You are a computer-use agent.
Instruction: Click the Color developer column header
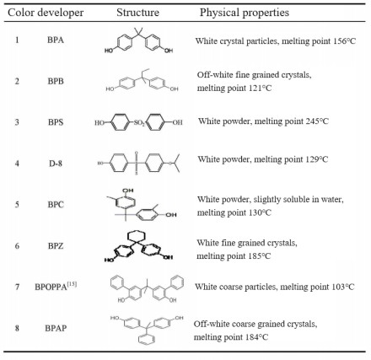click(46, 13)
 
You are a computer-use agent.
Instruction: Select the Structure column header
click(137, 13)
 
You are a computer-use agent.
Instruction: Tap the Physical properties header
click(245, 13)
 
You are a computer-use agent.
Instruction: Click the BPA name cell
click(56, 40)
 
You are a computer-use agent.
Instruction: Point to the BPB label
click(56, 81)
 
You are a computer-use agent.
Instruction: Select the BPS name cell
click(56, 122)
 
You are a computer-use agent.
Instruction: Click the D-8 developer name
click(56, 164)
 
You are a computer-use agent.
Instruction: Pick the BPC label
click(56, 204)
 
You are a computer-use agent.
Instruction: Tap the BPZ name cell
click(56, 246)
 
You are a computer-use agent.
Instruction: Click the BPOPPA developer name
click(51, 287)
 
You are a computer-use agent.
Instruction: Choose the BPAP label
click(56, 328)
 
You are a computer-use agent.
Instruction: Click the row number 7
click(17, 287)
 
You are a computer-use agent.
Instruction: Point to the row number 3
click(17, 122)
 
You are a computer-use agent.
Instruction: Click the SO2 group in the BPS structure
click(139, 123)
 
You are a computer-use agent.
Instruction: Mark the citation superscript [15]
click(72, 284)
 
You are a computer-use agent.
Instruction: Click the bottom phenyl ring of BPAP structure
click(147, 339)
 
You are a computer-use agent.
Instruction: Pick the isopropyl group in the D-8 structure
click(175, 163)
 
